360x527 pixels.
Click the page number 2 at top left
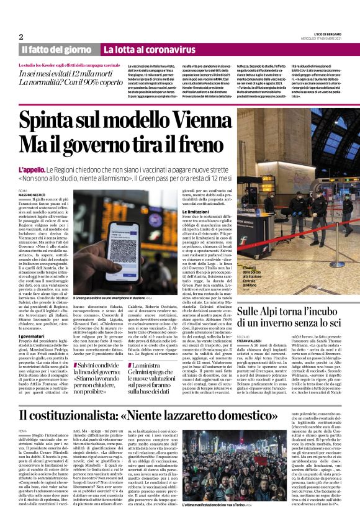(x=21, y=37)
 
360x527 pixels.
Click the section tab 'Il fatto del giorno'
(x=57, y=49)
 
